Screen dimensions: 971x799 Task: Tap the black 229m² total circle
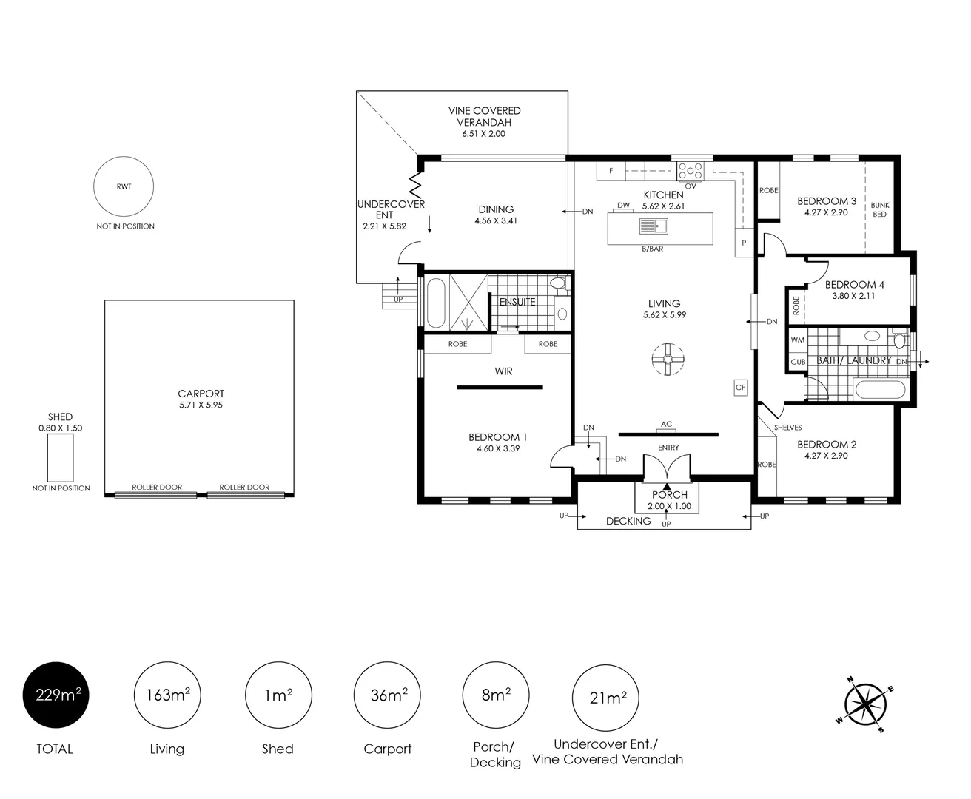tap(56, 695)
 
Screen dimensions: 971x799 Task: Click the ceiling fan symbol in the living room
tap(668, 360)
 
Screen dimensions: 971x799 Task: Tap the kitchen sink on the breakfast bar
tap(654, 226)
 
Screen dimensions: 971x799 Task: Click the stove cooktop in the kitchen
tap(690, 171)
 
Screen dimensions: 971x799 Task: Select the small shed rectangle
tap(60, 457)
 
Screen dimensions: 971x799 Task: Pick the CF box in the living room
tap(740, 388)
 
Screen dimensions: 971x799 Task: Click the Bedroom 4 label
tap(854, 284)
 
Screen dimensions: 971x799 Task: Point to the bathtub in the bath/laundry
tap(880, 389)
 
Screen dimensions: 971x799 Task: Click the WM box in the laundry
tap(798, 340)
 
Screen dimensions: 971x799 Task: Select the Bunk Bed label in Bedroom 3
tap(880, 209)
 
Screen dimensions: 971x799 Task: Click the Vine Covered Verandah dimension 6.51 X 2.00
tap(483, 134)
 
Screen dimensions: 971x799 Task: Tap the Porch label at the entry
tap(670, 495)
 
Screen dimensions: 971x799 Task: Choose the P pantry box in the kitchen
tap(744, 243)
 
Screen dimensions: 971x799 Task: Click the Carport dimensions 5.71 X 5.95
tap(201, 405)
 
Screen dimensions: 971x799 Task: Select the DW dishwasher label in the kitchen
tap(623, 205)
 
